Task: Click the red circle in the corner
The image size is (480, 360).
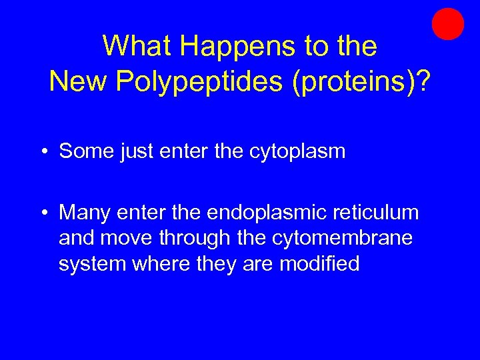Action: [x=447, y=24]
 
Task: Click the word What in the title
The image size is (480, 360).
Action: [x=137, y=47]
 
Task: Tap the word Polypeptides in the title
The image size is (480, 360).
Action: [x=200, y=81]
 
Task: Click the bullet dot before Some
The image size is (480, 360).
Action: [x=43, y=152]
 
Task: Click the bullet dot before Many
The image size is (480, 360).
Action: [x=43, y=213]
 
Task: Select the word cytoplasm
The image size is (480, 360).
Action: [x=297, y=152]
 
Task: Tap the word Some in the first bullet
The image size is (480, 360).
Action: [x=87, y=151]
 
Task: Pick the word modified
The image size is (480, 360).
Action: [x=319, y=263]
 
